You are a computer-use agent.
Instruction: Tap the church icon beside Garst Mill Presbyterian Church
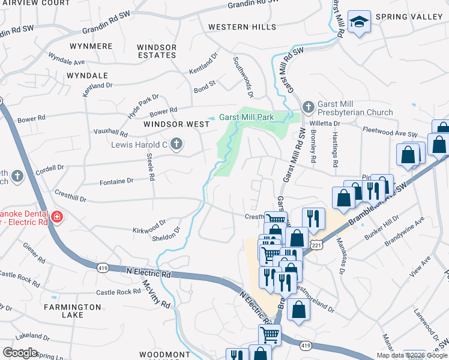308,107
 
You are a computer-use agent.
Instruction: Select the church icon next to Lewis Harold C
176,143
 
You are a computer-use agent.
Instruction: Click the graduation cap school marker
359,22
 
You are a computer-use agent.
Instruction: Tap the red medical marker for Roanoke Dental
56,217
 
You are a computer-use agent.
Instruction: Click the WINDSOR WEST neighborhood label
176,124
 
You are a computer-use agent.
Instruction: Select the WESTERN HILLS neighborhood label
242,27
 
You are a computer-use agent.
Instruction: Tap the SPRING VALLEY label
409,17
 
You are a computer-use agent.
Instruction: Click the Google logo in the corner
20,353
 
